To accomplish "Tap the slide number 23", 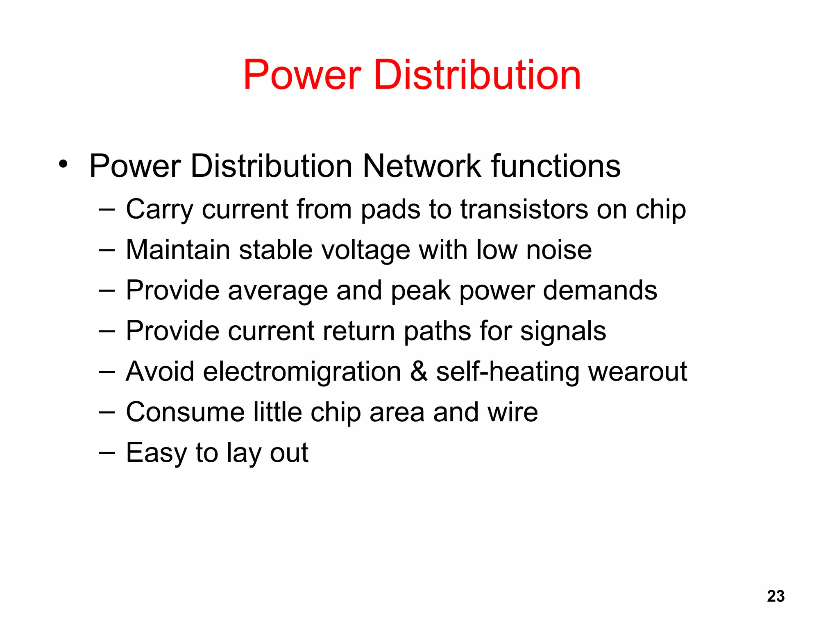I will click(776, 596).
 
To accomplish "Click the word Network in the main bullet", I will click(422, 166).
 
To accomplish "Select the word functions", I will click(556, 166).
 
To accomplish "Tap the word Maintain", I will click(178, 250).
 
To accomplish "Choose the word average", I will click(278, 291).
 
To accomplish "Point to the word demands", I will click(600, 290).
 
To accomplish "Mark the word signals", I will click(563, 331).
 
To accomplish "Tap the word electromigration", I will click(302, 372).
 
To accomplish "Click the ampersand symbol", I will click(419, 372).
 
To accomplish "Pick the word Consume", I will click(185, 412).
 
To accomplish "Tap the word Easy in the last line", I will click(156, 453).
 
